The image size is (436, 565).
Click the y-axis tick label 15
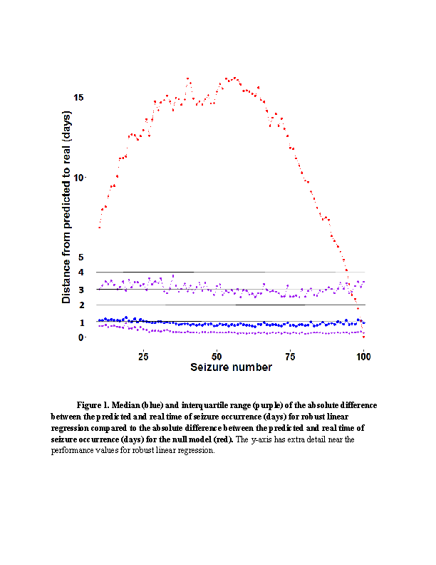[x=78, y=97]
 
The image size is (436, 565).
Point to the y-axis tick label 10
[x=79, y=178]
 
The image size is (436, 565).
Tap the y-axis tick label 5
[x=81, y=257]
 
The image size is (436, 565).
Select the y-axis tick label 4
[x=81, y=272]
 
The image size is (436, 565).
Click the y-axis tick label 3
[x=81, y=289]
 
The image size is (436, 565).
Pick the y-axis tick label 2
[x=81, y=305]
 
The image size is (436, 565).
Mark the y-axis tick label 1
[x=81, y=322]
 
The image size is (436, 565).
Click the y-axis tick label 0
[x=81, y=337]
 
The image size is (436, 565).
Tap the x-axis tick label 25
[x=143, y=356]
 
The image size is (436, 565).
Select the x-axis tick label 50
[x=217, y=356]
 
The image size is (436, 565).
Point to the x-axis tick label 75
[x=290, y=356]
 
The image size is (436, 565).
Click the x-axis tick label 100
[x=363, y=356]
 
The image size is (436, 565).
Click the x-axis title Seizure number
[x=231, y=367]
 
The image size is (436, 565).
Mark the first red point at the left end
[x=100, y=227]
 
